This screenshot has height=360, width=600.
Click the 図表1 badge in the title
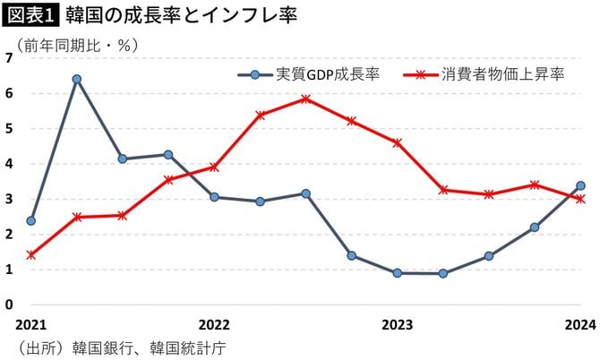click(31, 16)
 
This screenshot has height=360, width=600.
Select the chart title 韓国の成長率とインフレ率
click(180, 16)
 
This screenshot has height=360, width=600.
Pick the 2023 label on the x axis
click(397, 325)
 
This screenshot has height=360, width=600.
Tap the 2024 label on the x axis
click(580, 325)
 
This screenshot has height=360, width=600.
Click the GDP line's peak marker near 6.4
click(77, 79)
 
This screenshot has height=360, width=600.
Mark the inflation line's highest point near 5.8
click(305, 99)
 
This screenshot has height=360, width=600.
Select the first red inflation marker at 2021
click(31, 254)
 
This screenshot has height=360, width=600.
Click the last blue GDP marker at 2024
click(580, 185)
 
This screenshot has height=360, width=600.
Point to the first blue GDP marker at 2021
click(31, 220)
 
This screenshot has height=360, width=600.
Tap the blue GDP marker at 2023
click(397, 272)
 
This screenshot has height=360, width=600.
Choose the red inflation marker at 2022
click(214, 167)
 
